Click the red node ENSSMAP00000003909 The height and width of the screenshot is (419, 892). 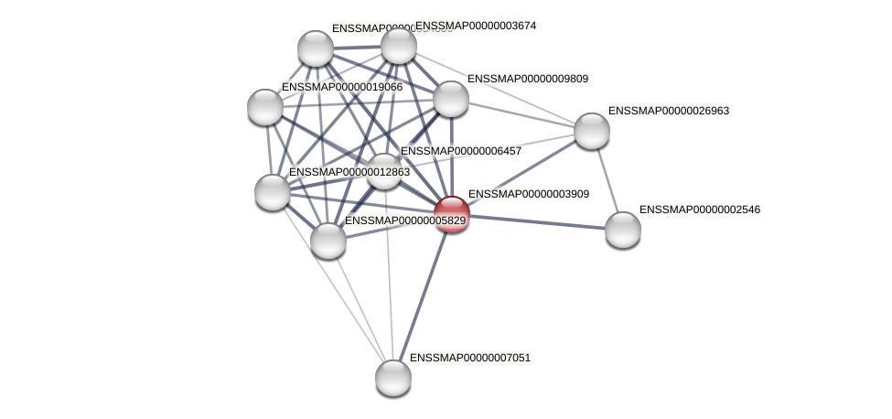(452, 214)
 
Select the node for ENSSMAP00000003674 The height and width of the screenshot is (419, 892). (399, 46)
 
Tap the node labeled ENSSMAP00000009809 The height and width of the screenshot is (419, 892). (450, 99)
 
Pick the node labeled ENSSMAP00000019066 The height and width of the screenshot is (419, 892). (265, 107)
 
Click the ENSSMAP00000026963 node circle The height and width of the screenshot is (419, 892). (592, 131)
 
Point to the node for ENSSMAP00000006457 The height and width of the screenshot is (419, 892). (384, 171)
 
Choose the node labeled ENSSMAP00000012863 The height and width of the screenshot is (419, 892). (273, 192)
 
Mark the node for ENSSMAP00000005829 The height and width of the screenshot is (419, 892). (328, 241)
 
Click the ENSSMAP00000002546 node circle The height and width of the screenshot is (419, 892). (623, 230)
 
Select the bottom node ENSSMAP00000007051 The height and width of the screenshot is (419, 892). (393, 377)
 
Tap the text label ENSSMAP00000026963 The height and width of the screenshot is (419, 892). (668, 111)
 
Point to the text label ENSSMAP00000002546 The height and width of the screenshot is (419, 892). (699, 209)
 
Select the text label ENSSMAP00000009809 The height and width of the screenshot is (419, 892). (527, 79)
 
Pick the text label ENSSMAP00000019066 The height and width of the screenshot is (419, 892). (341, 87)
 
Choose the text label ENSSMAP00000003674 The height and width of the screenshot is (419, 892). (476, 26)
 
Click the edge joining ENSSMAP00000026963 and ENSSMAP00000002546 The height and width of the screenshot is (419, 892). (607, 180)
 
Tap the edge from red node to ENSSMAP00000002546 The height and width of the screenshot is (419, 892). (538, 222)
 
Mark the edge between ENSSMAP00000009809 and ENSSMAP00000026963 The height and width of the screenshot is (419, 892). (521, 115)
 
